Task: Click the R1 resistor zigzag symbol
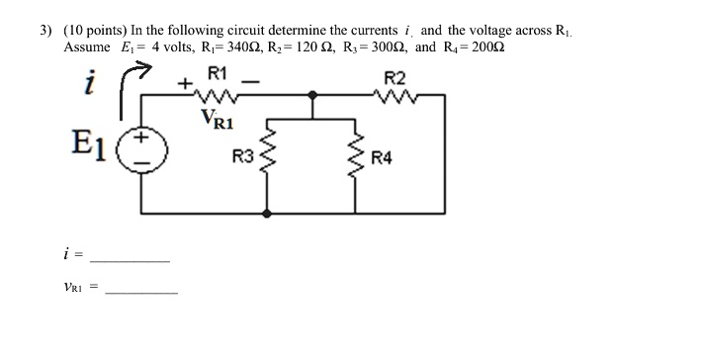pos(217,95)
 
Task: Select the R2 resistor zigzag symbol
pos(394,95)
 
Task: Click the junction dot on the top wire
pos(312,95)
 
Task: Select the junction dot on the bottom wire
pos(267,214)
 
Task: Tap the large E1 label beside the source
pos(89,145)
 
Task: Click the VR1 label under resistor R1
pos(218,119)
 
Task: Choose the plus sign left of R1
pos(185,83)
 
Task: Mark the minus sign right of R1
pos(251,82)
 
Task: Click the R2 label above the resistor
pos(394,79)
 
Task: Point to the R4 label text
pos(382,158)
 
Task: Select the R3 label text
pos(243,156)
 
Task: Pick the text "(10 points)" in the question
pos(96,31)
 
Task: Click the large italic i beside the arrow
pos(90,82)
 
